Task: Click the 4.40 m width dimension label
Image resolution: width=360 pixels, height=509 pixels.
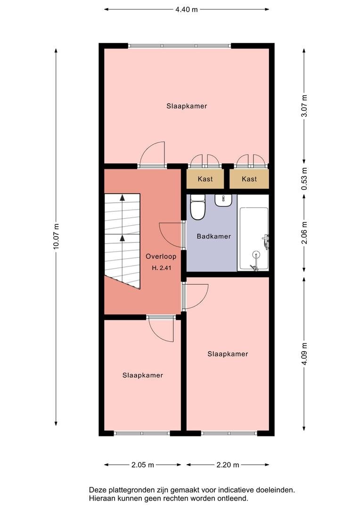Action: point(186,9)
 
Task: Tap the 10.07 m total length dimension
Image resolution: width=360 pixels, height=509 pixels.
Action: point(56,237)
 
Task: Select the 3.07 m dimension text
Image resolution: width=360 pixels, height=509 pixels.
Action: point(304,106)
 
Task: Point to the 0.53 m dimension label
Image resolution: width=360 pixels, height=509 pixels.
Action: point(304,179)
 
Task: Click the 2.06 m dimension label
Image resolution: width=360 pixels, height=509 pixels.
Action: point(304,232)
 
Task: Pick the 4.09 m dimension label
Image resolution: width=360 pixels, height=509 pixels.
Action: point(304,354)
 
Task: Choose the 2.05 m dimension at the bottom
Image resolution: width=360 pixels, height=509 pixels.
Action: point(143,465)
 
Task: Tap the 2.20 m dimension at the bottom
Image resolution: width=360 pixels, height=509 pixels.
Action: point(228,465)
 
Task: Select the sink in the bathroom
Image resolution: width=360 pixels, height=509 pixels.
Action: point(223,200)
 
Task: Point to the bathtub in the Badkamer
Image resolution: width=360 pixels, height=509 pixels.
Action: point(254,238)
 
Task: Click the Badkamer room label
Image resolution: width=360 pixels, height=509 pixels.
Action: point(213,236)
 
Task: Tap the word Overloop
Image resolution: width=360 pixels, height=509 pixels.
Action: point(161,256)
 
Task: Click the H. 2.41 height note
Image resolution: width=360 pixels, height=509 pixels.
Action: point(161,268)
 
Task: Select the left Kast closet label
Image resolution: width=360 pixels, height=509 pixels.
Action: point(205,179)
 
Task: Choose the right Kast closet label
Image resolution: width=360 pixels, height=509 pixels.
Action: point(249,179)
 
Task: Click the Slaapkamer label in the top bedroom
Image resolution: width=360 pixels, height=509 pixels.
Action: point(187,106)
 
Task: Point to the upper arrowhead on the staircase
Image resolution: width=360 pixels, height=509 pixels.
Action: point(122,197)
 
